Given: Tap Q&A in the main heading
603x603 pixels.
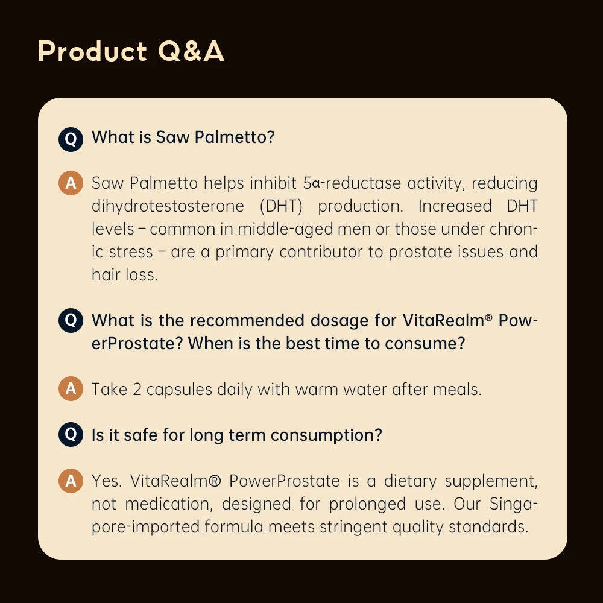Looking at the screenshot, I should coord(191,52).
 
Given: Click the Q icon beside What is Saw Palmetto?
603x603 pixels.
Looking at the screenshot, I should coord(71,138).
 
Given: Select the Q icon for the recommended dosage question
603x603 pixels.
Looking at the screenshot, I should coord(71,320).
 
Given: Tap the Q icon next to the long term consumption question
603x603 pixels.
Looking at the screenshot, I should coord(71,434).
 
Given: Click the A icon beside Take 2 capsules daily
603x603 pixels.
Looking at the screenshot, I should coord(71,389).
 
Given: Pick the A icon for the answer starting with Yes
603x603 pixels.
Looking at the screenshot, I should coord(71,481).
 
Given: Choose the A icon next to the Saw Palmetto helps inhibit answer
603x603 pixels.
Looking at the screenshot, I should coord(71,183).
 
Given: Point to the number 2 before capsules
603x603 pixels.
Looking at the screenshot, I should coord(137,389).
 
